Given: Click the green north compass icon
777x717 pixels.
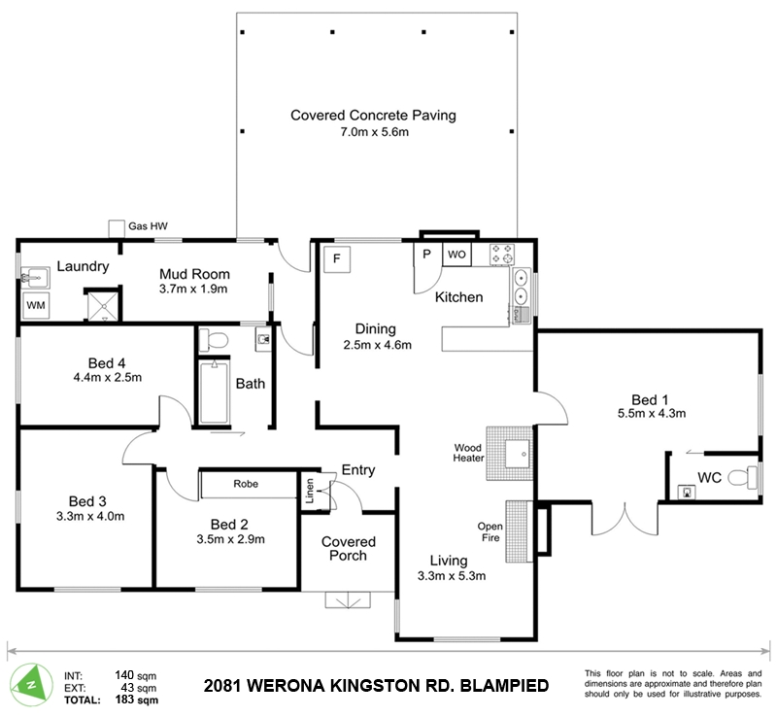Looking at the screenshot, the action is point(31,685).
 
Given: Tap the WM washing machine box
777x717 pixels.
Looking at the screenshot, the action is point(36,305).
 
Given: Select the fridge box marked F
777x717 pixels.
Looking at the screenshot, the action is point(337,258).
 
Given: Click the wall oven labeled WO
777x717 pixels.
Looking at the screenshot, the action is point(456,255).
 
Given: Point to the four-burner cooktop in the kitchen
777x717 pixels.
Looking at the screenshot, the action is point(502,255).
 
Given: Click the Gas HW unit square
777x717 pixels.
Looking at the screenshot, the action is point(117,229).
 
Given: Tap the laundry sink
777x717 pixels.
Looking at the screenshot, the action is point(35,278).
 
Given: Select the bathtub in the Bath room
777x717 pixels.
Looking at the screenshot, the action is point(214,393).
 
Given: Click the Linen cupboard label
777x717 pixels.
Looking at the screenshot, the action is point(310,491).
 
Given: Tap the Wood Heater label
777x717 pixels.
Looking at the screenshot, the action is point(468,453).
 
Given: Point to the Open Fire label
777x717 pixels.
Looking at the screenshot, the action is point(490,531).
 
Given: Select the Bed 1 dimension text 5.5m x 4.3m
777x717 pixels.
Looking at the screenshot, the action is point(652,413).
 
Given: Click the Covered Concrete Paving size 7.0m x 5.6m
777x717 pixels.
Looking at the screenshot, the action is point(374,132).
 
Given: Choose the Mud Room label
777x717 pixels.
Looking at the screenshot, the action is point(194,274).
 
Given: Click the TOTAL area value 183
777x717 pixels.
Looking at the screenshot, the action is point(124,700).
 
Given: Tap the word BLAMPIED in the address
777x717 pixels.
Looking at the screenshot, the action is point(505,686).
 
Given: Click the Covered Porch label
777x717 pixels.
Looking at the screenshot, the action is point(349,548).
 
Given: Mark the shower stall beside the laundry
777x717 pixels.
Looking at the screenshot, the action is point(104,306).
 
